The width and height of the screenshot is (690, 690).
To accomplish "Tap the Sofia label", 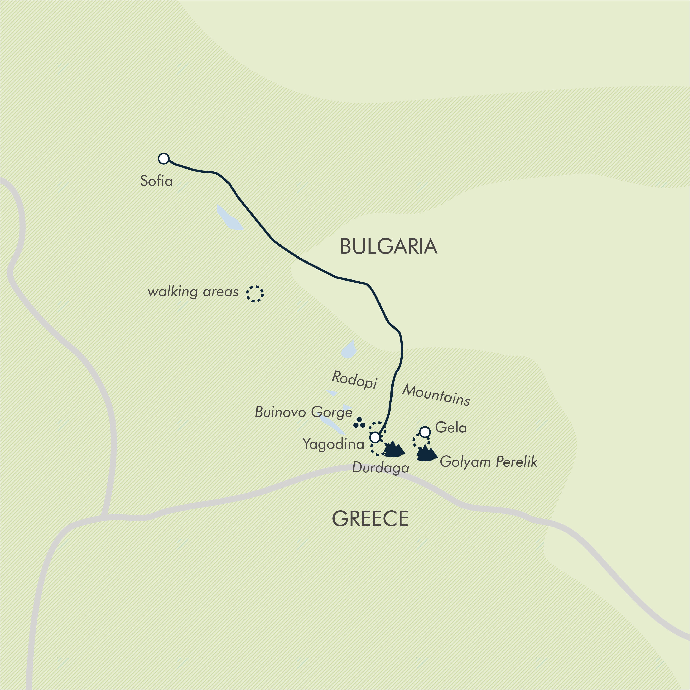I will (157, 181).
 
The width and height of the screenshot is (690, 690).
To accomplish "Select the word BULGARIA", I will (389, 246).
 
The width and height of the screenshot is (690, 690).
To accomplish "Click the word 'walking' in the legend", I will (173, 292).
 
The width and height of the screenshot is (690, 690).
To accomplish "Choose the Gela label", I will (451, 427).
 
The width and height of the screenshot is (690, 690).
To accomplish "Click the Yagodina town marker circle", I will (375, 437).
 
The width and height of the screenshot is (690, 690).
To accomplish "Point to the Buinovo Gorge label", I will (303, 412).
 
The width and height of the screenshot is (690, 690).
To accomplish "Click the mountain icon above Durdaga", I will (394, 449).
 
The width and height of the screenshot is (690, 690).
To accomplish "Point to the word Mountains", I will (436, 395).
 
